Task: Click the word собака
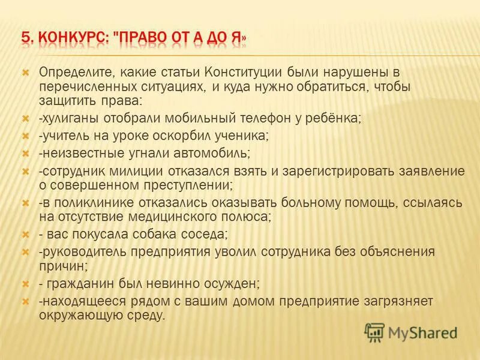click(145, 233)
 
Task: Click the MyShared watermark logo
click(411, 332)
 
